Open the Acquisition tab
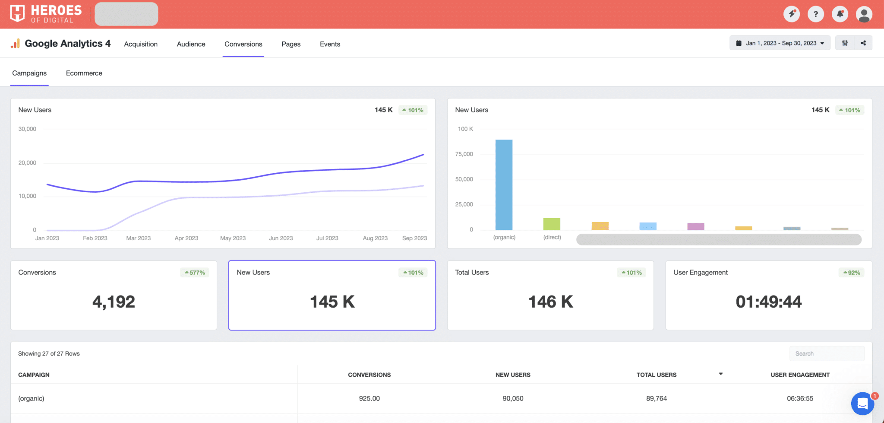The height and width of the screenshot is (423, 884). [141, 44]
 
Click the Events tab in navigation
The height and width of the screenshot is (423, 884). [330, 44]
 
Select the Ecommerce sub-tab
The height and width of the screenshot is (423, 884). [84, 73]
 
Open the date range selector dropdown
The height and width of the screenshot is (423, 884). [780, 43]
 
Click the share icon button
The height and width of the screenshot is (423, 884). [863, 43]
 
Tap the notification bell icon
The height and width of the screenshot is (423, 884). [840, 14]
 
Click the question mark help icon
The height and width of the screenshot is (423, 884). [815, 14]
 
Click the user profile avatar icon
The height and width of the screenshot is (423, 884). [864, 14]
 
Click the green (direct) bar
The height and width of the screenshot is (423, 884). [552, 224]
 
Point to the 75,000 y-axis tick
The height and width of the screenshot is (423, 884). [464, 154]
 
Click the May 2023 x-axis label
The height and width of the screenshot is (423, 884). [233, 238]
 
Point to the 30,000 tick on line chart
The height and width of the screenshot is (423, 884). [27, 129]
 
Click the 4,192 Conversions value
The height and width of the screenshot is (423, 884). [114, 302]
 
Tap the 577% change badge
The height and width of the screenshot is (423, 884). [195, 273]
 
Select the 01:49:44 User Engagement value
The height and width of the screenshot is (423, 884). [768, 302]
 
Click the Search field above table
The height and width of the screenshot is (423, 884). [827, 353]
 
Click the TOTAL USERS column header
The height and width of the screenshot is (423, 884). [656, 375]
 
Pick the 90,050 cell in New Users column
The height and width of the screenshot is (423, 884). [513, 398]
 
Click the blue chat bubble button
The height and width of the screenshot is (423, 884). [862, 404]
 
